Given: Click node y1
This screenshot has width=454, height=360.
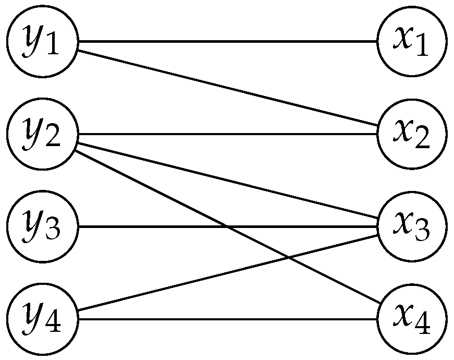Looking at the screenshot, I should click(42, 41).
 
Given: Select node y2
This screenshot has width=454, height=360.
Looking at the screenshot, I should click(42, 134).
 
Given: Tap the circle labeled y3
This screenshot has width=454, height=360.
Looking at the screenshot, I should click(42, 226).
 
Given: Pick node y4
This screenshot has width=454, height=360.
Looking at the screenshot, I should click(42, 319).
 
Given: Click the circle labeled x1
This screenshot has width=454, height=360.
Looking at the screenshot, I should click(412, 41).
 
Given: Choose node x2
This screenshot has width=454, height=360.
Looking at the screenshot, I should click(412, 134).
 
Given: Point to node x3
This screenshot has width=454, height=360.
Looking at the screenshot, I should click(412, 226).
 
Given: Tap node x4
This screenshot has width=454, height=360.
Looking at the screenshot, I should click(412, 319).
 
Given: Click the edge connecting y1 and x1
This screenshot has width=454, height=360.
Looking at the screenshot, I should click(227, 41).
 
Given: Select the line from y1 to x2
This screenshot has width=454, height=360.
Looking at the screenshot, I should click(227, 88).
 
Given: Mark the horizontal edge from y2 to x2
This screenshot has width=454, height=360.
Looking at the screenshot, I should click(227, 134).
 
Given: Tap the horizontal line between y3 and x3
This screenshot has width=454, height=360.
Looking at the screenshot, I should click(156, 226).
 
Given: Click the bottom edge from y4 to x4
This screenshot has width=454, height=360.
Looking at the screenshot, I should click(227, 319).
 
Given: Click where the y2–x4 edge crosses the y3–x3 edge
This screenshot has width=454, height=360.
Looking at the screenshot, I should click(226, 226).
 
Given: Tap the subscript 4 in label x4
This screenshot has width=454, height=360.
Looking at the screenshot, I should click(423, 327).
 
